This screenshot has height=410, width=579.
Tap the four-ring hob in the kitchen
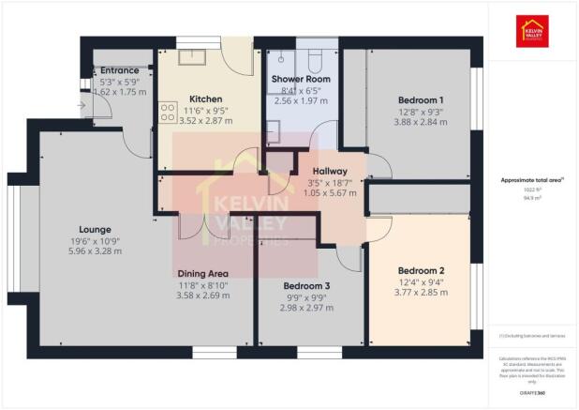(170, 113)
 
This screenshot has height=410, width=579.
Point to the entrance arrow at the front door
(83, 105)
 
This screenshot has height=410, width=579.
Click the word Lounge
(96, 229)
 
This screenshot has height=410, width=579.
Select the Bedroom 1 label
(421, 99)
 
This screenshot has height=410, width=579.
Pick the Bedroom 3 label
(308, 284)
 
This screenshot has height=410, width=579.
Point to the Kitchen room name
(205, 99)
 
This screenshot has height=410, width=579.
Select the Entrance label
(120, 70)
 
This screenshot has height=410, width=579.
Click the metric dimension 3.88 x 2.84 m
(421, 122)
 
